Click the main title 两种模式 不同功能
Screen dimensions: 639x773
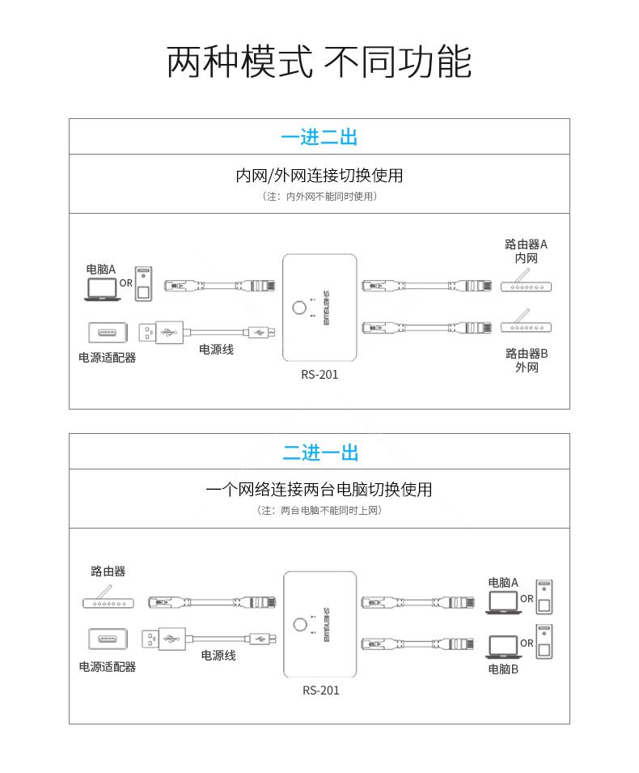[x=319, y=62]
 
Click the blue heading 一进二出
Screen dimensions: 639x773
[x=319, y=137]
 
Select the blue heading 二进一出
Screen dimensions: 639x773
[x=320, y=452]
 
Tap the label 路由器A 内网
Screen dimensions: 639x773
[x=527, y=252]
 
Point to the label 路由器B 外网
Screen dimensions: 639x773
[x=527, y=360]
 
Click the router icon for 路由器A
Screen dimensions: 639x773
[x=526, y=281]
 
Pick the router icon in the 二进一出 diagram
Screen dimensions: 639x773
[x=108, y=597]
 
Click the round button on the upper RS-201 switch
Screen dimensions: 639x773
[x=299, y=308]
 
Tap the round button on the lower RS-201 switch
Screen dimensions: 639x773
[x=300, y=625]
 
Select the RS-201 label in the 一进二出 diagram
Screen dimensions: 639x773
[x=319, y=375]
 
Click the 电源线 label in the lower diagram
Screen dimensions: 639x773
[x=218, y=655]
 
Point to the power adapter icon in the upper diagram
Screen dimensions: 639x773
[x=108, y=333]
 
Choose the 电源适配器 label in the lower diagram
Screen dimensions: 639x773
[x=108, y=667]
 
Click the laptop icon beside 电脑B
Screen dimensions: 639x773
[x=503, y=647]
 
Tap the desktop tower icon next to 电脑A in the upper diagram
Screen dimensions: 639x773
[x=143, y=284]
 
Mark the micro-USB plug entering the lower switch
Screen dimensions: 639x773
[x=263, y=639]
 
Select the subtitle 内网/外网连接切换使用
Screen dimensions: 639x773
[x=319, y=176]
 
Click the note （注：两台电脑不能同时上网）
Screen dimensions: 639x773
[x=319, y=511]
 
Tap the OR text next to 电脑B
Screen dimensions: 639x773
[x=527, y=643]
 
